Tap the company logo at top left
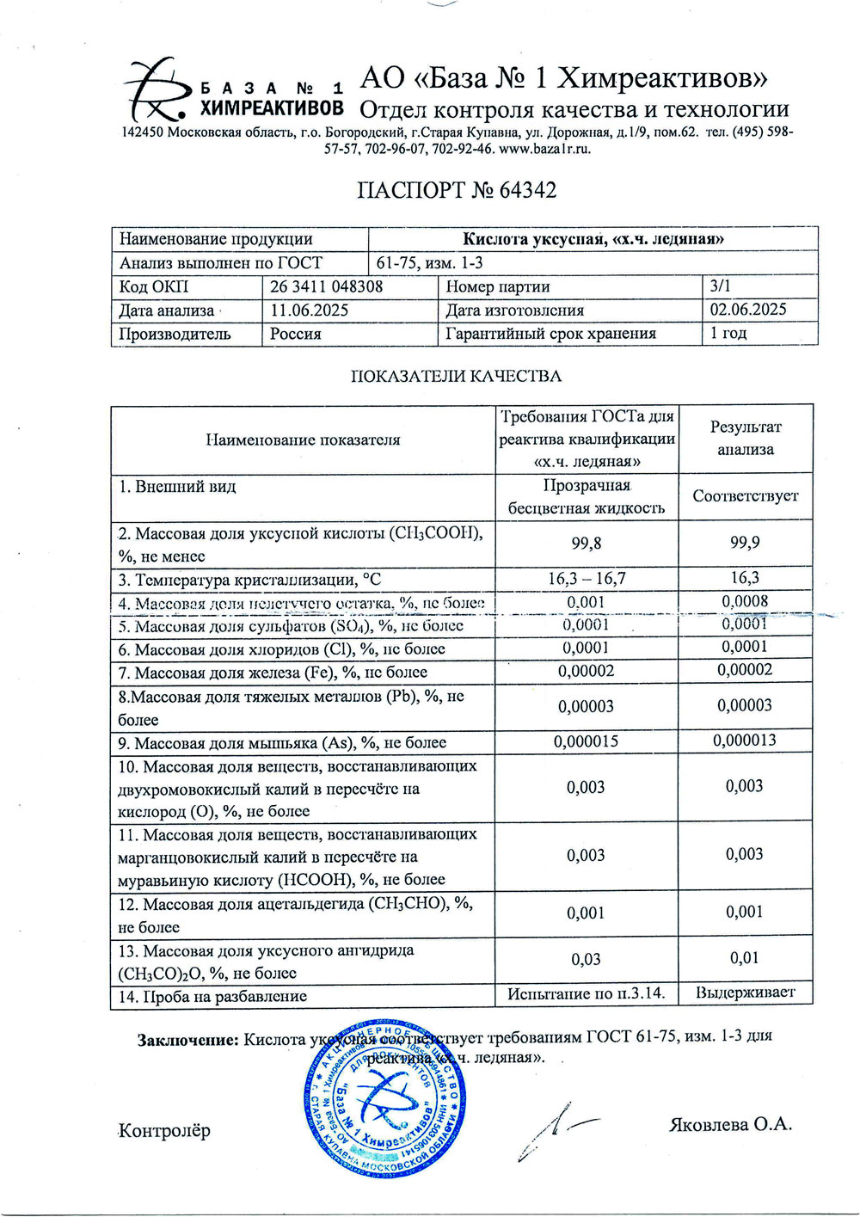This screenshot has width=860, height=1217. coord(155,89)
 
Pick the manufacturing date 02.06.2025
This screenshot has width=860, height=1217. coord(748,310)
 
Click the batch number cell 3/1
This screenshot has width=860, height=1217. coord(722,286)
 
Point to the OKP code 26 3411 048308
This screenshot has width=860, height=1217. coord(327,287)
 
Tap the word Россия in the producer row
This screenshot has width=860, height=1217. coord(296,334)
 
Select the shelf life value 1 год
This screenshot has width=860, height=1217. coord(728,333)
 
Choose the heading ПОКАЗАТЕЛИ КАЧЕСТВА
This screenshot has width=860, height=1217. coord(456,376)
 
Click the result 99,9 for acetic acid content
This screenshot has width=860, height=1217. coord(745,543)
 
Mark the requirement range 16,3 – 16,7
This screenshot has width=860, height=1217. coord(587,578)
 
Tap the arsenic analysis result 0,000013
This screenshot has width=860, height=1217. coord(745,740)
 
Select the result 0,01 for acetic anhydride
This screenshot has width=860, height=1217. coord(745,957)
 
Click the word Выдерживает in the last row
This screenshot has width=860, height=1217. coord(746,993)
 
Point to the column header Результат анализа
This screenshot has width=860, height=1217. coord(746,438)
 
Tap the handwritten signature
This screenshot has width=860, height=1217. coord(555,1131)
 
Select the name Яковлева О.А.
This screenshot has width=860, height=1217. coord(730,1124)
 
